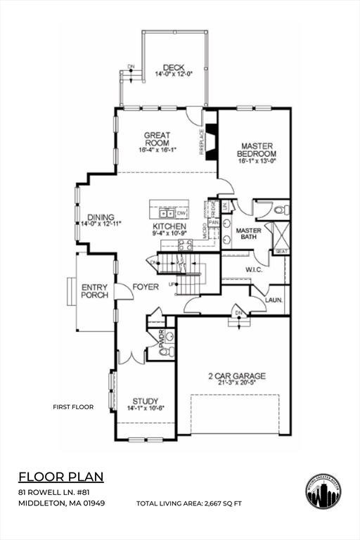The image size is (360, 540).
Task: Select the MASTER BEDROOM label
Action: click(x=256, y=150)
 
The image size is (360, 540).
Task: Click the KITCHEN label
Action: click(x=169, y=226)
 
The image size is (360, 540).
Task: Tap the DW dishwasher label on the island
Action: click(x=181, y=213)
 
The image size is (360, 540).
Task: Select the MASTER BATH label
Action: click(x=248, y=233)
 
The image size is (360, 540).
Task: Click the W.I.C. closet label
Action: click(x=254, y=269)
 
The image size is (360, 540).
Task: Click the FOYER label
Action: click(x=146, y=286)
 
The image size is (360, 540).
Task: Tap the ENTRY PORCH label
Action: click(x=95, y=291)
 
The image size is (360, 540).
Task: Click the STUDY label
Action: click(x=145, y=401)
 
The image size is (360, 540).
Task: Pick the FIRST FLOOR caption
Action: click(x=73, y=407)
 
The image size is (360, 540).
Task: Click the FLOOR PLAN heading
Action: click(x=60, y=477)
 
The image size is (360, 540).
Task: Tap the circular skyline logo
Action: click(x=324, y=491)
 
